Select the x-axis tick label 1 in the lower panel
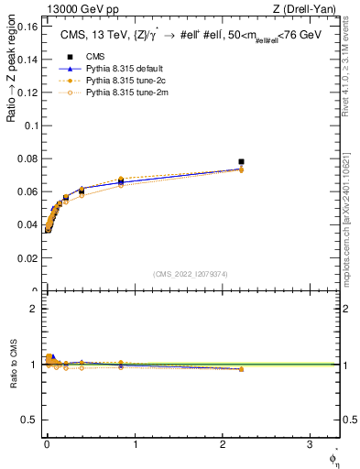pos(135,445)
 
